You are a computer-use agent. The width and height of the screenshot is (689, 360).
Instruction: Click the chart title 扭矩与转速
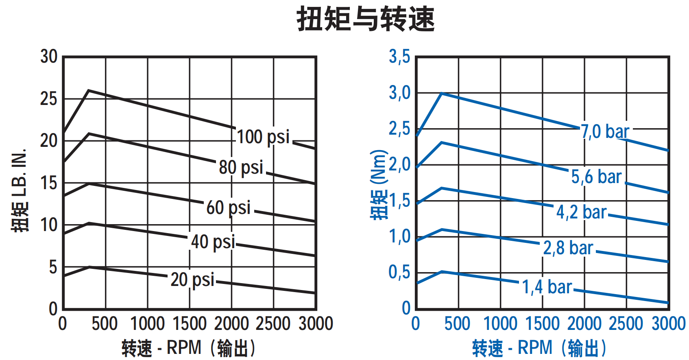pos(366,19)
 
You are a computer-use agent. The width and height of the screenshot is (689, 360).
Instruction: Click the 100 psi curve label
pos(263,137)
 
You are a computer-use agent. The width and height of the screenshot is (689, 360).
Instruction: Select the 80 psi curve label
pos(241,167)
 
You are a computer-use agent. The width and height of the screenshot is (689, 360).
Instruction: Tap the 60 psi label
pos(228,207)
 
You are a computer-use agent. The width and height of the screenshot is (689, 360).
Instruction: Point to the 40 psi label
pos(213,242)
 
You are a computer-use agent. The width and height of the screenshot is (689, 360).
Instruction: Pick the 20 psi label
pos(192,280)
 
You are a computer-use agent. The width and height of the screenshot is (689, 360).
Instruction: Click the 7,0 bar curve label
pos(605,132)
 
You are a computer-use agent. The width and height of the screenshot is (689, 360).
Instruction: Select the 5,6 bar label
pos(596,177)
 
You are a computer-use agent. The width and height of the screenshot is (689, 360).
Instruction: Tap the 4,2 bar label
pos(581,212)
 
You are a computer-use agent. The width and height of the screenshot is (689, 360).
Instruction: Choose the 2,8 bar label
pos(568,248)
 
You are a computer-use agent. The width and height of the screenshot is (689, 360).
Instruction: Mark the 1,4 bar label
pos(547,287)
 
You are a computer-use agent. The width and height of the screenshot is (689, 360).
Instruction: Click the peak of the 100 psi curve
pos(89,90)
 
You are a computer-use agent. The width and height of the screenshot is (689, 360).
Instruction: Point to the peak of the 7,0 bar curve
pos(442,94)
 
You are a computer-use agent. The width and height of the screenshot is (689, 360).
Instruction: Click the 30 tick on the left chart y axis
pos(49,57)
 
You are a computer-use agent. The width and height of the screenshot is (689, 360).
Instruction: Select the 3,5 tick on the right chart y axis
pos(399,57)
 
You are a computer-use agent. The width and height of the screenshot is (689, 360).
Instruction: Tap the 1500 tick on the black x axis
pos(190,324)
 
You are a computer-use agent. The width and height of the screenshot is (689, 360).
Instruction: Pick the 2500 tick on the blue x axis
pos(626,324)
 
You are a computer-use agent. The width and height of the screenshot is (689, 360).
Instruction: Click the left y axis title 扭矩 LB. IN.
pos(20,190)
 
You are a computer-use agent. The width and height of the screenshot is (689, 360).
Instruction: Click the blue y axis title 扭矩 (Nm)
pos(378,185)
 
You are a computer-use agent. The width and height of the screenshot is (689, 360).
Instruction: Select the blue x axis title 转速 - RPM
pos(539,348)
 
